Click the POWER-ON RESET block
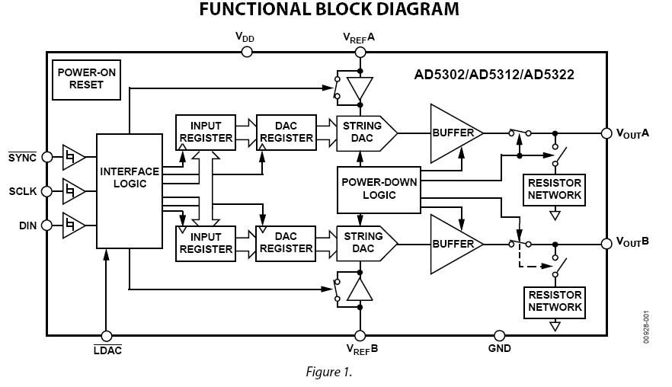click(86, 79)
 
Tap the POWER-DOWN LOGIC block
click(379, 189)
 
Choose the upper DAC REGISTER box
click(284, 133)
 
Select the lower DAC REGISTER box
click(284, 243)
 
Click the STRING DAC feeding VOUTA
click(364, 133)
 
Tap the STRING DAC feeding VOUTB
click(364, 243)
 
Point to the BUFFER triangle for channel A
click(453, 133)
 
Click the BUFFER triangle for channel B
click(453, 244)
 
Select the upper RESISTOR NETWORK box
click(554, 189)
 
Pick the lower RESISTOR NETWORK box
click(554, 301)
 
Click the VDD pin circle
click(246, 52)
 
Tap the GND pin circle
click(500, 335)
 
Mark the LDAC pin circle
click(107, 335)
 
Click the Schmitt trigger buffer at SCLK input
click(73, 190)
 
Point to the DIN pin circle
click(47, 225)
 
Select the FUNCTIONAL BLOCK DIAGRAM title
click(329, 10)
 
